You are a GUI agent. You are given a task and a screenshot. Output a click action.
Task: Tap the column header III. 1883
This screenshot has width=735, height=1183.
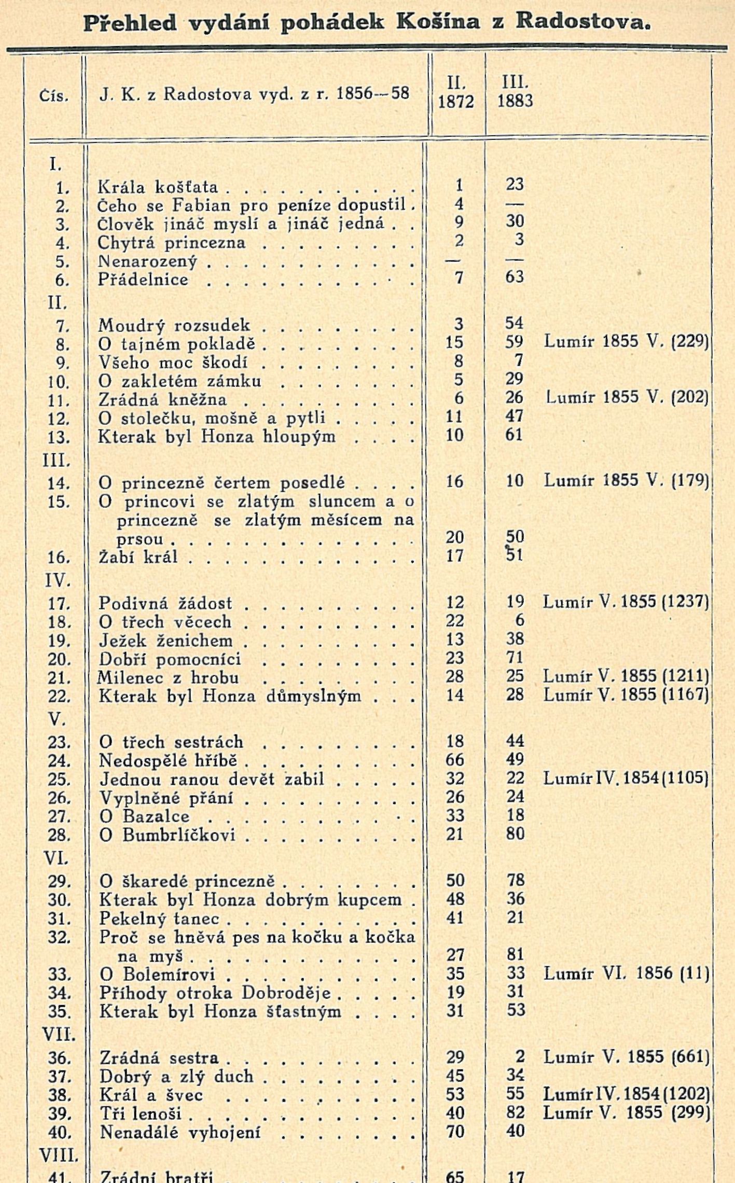click(x=515, y=92)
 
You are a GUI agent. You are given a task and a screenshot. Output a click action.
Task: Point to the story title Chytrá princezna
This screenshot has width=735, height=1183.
click(x=172, y=242)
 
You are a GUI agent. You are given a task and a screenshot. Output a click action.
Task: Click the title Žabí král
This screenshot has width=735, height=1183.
click(x=138, y=556)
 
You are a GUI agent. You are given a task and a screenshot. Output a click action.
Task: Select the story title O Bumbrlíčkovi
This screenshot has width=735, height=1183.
click(x=168, y=834)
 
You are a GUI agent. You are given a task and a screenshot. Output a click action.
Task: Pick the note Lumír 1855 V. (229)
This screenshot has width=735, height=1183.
click(x=626, y=341)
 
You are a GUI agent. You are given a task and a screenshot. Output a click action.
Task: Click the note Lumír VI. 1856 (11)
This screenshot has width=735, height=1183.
click(x=626, y=973)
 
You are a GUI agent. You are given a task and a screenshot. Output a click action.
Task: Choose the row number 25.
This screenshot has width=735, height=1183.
click(x=59, y=779)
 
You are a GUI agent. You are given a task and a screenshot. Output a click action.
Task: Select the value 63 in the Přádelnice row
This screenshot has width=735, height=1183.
click(x=515, y=276)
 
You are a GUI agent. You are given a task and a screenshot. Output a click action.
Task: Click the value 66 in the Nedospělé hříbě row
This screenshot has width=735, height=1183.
click(x=454, y=760)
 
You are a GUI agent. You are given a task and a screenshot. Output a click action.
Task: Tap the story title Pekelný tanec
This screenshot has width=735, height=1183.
click(x=159, y=918)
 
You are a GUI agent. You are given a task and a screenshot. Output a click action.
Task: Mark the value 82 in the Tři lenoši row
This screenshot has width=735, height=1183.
click(x=515, y=1112)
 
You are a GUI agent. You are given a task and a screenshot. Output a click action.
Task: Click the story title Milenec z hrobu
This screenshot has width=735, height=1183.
click(x=169, y=677)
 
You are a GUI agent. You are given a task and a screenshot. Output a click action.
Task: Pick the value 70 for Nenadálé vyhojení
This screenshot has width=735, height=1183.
click(x=455, y=1131)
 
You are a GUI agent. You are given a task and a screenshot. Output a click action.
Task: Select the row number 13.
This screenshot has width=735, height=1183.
click(x=59, y=437)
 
